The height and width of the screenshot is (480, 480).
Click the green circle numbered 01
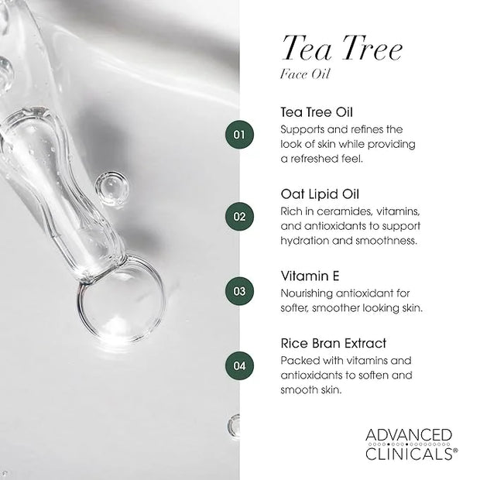click(x=239, y=135)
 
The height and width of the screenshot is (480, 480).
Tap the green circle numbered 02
click(x=239, y=217)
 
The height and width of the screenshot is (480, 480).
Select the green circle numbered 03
click(x=239, y=291)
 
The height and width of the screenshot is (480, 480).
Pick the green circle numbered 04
click(x=239, y=366)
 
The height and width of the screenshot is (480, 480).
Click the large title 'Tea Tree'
click(x=342, y=48)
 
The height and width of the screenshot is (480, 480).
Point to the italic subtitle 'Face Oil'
click(x=305, y=74)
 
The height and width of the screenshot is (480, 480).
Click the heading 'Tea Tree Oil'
click(x=317, y=112)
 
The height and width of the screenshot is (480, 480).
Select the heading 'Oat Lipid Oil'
click(x=320, y=194)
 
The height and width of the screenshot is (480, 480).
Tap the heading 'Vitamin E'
click(x=310, y=276)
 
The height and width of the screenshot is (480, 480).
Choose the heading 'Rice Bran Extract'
click(x=334, y=344)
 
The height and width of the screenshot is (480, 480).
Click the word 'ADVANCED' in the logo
click(x=409, y=435)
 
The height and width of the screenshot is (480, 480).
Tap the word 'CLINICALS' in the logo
click(x=409, y=454)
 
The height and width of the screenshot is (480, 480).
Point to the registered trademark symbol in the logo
click(x=455, y=451)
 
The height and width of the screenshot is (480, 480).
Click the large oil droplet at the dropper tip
click(x=120, y=301)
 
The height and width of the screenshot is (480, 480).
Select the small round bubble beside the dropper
click(x=111, y=188)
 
